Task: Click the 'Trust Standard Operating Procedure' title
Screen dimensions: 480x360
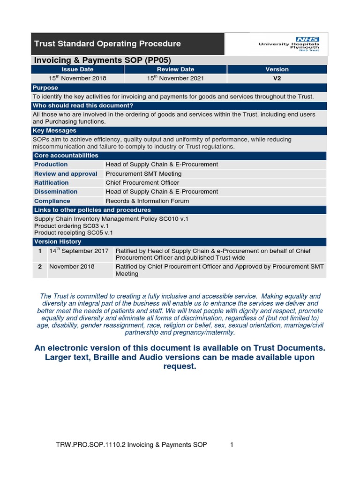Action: tap(107, 44)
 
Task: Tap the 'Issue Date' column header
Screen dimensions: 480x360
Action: tap(78, 69)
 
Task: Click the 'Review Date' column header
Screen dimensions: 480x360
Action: tap(175, 69)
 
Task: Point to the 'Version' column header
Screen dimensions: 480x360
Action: tap(277, 69)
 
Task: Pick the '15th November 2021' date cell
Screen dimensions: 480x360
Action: tap(175, 78)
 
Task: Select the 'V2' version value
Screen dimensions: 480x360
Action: tap(277, 78)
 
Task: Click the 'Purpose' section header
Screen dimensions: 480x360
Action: tap(45, 88)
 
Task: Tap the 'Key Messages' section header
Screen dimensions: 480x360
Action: tap(54, 131)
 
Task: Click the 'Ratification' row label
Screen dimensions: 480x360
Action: tap(52, 183)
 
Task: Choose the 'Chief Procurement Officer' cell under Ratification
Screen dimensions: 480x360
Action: tap(142, 183)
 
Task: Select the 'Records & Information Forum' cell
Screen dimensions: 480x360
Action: tap(148, 201)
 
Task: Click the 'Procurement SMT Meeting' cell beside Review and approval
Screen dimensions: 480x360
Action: tap(143, 174)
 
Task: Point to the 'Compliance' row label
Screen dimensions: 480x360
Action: tap(52, 201)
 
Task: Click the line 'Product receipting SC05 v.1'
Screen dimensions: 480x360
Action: tap(74, 232)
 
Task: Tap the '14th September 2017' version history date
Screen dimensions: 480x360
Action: tap(79, 251)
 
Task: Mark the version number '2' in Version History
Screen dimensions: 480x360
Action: tap(40, 266)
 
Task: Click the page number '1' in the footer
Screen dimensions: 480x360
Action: tap(232, 445)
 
